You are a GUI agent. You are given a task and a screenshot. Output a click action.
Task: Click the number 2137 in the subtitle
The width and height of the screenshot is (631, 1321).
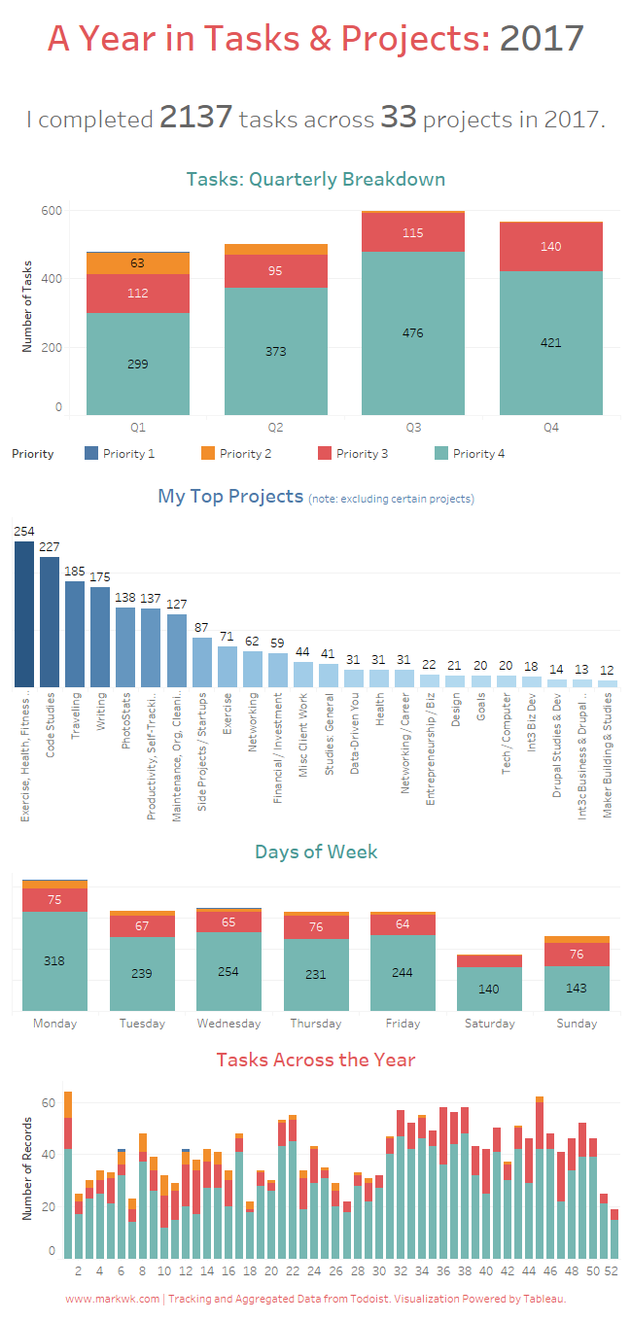coord(195,118)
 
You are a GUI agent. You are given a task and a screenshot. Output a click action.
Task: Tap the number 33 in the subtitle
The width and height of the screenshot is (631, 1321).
coord(398,118)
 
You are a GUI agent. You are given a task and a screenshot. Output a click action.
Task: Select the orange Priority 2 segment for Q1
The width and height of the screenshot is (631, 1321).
coord(138,263)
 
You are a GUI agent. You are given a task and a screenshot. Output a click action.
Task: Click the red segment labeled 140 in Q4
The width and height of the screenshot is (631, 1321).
coord(550,247)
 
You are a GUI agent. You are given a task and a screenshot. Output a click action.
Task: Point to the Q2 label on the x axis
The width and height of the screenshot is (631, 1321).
coord(275,428)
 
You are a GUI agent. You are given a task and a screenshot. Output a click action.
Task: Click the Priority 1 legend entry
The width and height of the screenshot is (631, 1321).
coord(121,454)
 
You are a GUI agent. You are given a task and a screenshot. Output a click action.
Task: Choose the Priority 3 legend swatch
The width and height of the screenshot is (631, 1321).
coord(326,454)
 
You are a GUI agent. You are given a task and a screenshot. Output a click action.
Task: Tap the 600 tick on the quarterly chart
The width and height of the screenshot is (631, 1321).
coord(52,211)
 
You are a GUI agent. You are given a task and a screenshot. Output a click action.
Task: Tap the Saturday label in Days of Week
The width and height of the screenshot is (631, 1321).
coord(489,1024)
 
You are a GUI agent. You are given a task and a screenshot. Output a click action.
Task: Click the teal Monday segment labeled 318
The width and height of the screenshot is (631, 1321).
coord(54,961)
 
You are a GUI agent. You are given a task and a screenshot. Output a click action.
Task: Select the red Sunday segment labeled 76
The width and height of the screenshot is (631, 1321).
coord(577,955)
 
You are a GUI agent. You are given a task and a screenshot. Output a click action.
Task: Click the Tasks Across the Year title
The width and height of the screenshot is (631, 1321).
coord(315,1060)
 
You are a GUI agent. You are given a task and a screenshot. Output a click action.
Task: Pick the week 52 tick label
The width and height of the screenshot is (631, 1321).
coord(610,1270)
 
